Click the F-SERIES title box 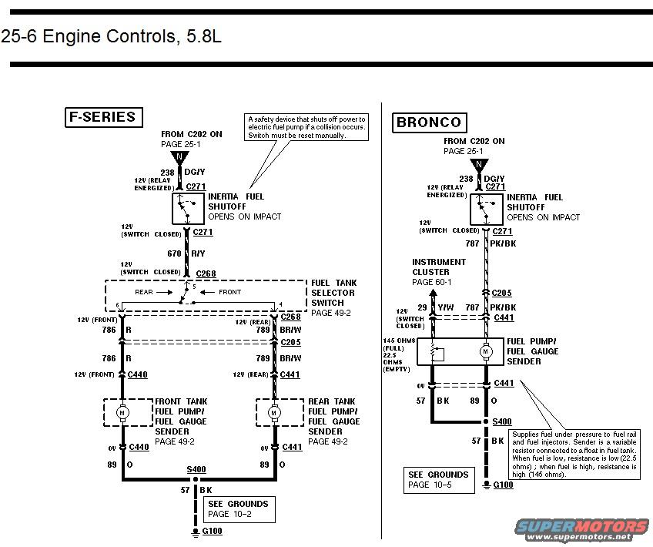(102, 117)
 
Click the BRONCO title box (428, 122)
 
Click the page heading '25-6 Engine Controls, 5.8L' (111, 36)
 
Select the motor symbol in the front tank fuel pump (122, 413)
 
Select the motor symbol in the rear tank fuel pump (274, 413)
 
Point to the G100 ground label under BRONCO (504, 485)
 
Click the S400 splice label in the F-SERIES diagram (196, 468)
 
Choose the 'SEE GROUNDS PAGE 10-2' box (237, 508)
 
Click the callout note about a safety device (306, 127)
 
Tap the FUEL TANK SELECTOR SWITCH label (333, 297)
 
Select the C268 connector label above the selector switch (206, 273)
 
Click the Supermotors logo (582, 529)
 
